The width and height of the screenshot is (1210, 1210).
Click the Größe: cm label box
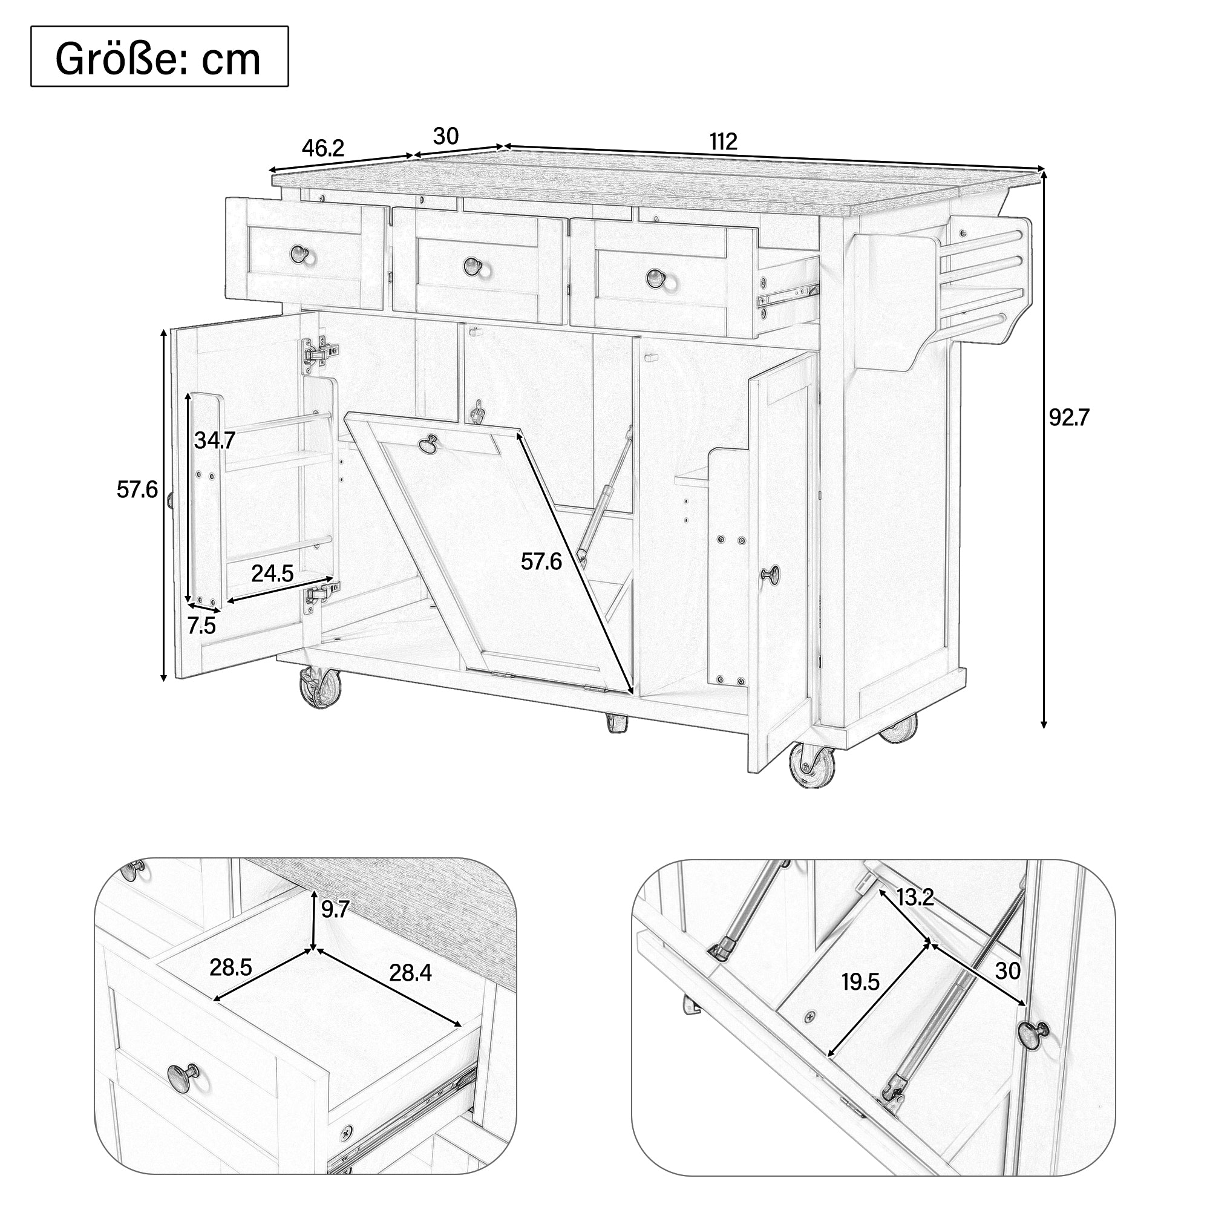(x=159, y=56)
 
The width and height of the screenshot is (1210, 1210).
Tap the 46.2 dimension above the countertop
(x=323, y=148)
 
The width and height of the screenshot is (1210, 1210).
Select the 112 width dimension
(x=724, y=142)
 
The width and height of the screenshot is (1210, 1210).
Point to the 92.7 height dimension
(x=1069, y=417)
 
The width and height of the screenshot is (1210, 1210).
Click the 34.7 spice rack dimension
(x=214, y=440)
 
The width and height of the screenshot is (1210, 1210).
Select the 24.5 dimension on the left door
(x=272, y=573)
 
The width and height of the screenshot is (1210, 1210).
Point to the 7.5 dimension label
(x=201, y=625)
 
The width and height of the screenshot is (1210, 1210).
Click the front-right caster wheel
(x=812, y=764)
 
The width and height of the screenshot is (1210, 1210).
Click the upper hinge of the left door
(x=318, y=352)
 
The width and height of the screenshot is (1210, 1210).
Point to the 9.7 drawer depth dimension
(x=335, y=909)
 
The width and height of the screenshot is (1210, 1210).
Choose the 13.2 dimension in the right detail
(x=915, y=897)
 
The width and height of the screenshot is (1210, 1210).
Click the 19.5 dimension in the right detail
(x=860, y=982)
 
